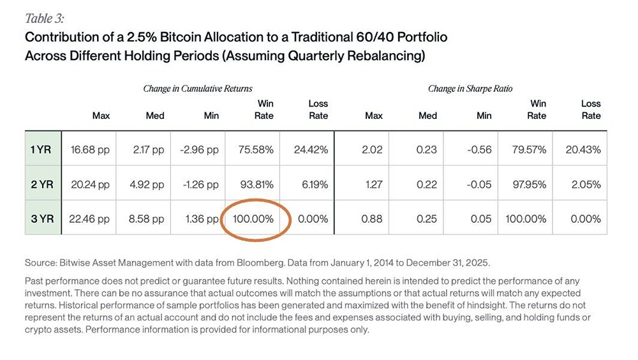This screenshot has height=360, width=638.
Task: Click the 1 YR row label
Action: click(42, 150)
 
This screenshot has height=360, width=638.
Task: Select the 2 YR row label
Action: click(42, 184)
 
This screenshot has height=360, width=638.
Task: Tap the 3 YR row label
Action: click(42, 219)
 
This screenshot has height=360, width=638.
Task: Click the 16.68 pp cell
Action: click(91, 150)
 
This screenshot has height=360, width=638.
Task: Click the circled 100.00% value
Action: click(253, 219)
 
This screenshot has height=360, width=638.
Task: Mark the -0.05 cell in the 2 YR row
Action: click(482, 184)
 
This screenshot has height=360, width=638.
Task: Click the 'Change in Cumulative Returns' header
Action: click(197, 89)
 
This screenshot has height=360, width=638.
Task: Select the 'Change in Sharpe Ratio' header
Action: click(470, 89)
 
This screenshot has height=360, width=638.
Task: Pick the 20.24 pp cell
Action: click(91, 184)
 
